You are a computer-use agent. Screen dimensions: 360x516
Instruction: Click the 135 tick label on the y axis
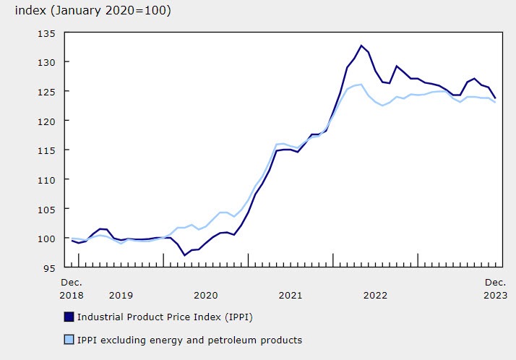(x=48, y=33)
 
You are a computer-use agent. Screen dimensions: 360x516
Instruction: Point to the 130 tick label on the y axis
(x=48, y=62)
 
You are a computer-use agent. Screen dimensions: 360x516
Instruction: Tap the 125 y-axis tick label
(x=48, y=92)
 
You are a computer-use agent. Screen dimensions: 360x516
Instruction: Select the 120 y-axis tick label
(x=48, y=121)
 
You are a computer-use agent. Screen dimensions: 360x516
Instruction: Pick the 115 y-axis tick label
(x=48, y=150)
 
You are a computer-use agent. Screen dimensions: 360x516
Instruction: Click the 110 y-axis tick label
(x=48, y=179)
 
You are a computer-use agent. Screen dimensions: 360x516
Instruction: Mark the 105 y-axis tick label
(x=48, y=209)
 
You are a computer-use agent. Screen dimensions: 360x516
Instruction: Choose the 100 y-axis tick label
(x=48, y=238)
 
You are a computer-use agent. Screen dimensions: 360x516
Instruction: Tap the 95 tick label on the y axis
(x=51, y=267)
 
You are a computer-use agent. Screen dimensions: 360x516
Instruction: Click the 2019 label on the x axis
(x=121, y=295)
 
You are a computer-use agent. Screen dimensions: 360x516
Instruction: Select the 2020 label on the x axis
(x=205, y=295)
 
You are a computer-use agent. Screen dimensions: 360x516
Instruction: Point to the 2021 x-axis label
(x=291, y=295)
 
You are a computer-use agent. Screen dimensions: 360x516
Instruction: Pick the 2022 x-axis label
(x=375, y=295)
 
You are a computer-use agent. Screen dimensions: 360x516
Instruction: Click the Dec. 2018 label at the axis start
(x=72, y=288)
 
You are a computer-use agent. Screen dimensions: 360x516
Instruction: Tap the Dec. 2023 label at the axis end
(x=495, y=288)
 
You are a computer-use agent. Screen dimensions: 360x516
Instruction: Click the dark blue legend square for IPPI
(x=68, y=317)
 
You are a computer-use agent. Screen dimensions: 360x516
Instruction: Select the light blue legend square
(x=68, y=340)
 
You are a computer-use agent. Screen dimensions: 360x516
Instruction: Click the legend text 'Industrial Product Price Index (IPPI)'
(x=165, y=317)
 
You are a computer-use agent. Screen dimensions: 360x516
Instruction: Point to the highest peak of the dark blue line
(x=361, y=46)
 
